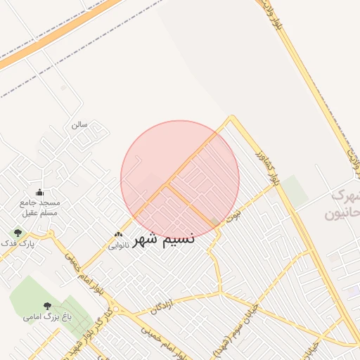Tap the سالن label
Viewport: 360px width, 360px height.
click(79, 124)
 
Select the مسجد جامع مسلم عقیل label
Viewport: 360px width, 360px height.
click(39, 207)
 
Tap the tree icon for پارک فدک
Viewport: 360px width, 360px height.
click(18, 232)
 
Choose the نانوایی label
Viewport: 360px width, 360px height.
click(117, 245)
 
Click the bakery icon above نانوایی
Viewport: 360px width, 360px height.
click(118, 235)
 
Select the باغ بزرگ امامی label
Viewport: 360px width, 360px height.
click(48, 317)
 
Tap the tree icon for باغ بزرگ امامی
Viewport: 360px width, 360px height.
click(48, 306)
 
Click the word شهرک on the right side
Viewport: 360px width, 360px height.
click(344, 195)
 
